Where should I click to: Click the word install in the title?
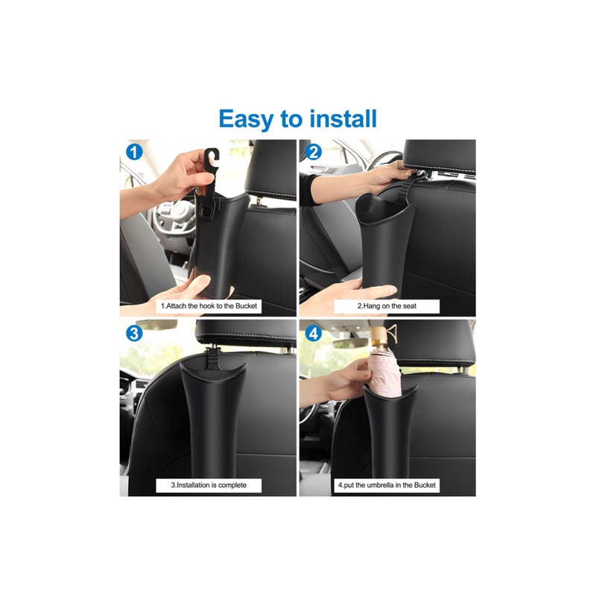[340, 119]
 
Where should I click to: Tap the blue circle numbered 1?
[134, 153]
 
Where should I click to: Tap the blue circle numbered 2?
[314, 153]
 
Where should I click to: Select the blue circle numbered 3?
[134, 333]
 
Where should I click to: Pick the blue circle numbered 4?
[314, 333]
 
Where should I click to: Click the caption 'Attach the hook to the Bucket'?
[209, 306]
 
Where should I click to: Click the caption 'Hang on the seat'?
[387, 306]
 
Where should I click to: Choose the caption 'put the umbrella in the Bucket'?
[387, 485]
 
